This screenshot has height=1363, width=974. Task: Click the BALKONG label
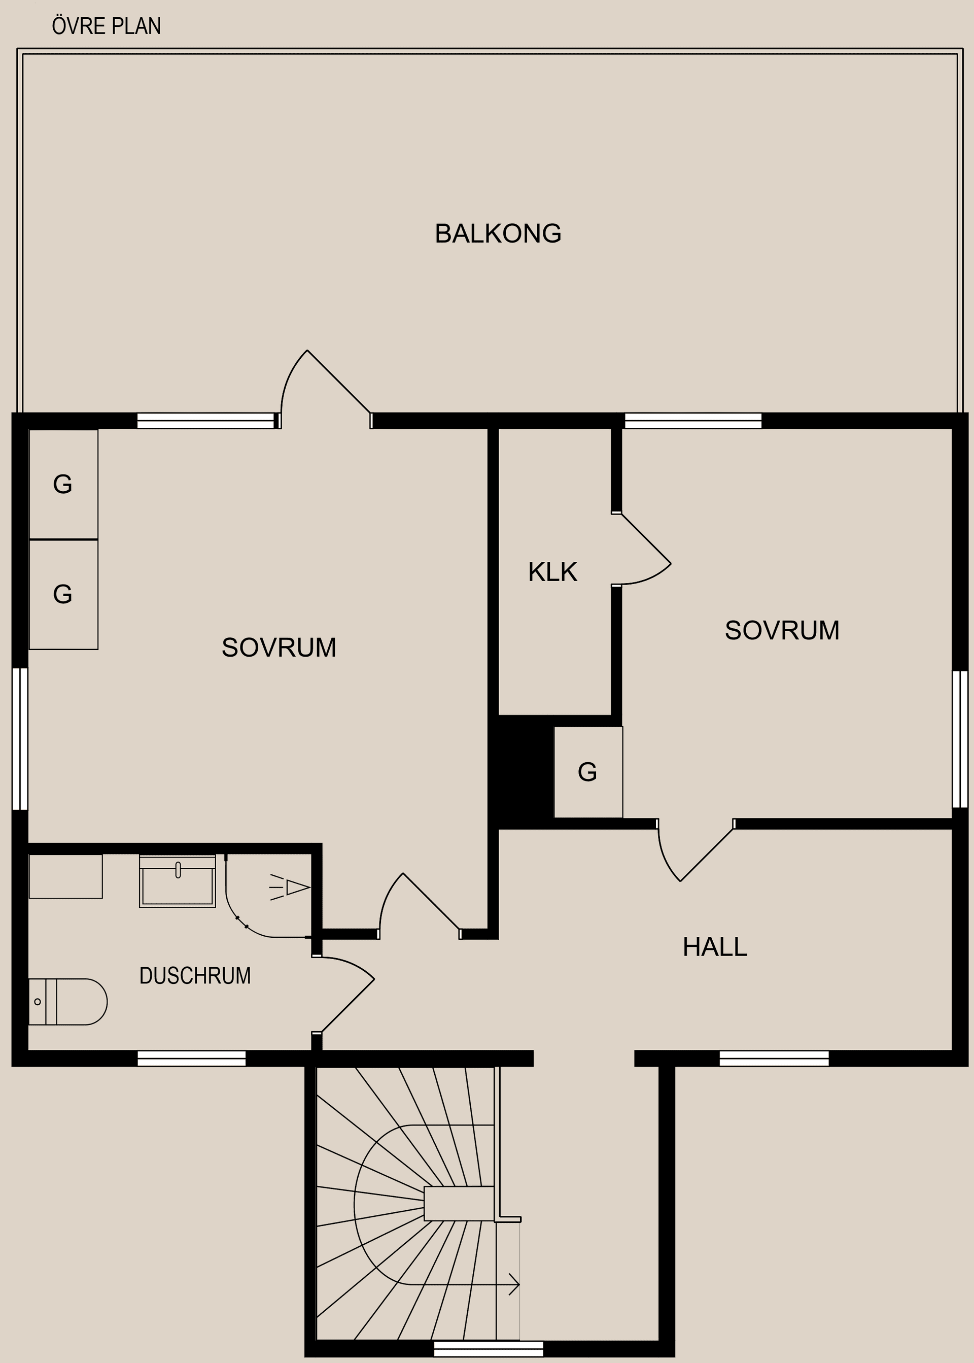(498, 233)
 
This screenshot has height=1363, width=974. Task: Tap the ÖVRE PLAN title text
(107, 26)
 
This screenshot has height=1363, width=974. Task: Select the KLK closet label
(552, 572)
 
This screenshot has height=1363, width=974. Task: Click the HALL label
(715, 947)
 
